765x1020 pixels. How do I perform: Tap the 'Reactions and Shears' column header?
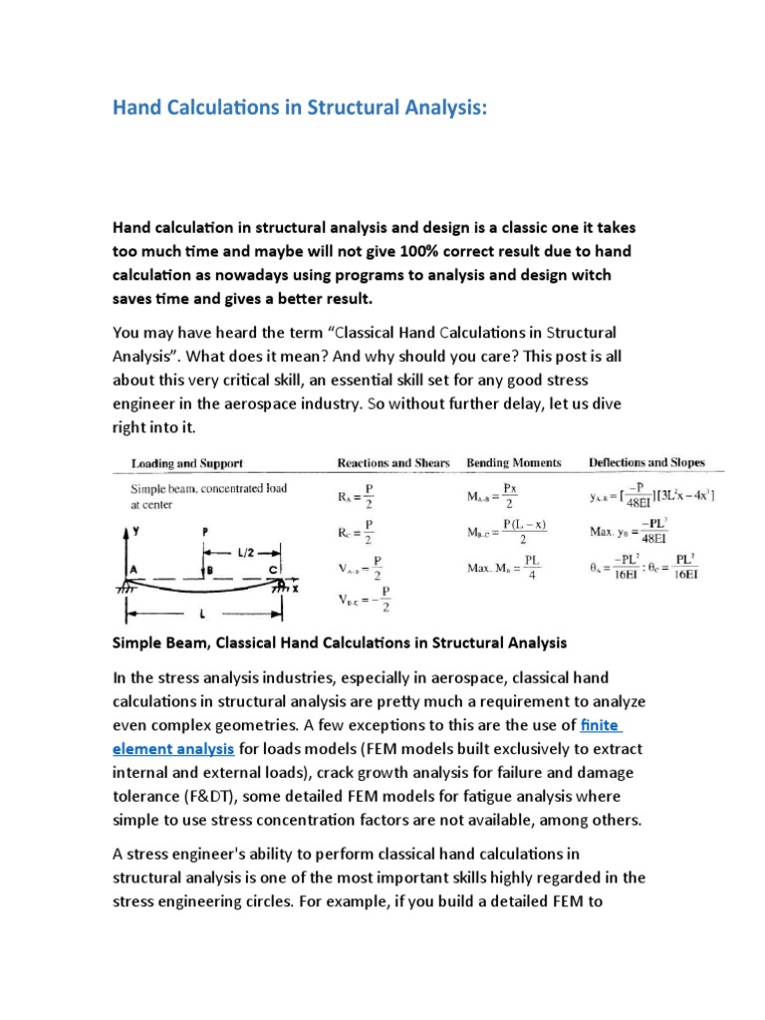pyautogui.click(x=393, y=462)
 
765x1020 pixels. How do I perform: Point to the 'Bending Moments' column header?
pyautogui.click(x=514, y=462)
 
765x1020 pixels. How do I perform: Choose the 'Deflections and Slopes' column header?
pyautogui.click(x=646, y=462)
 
